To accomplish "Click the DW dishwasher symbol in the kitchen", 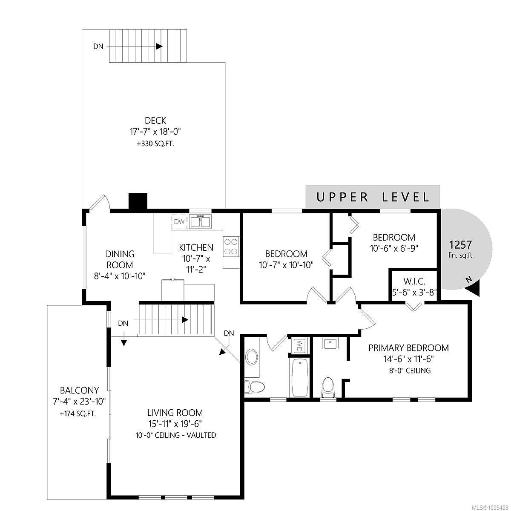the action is pyautogui.click(x=180, y=221).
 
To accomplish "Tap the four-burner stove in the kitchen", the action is pyautogui.click(x=231, y=247).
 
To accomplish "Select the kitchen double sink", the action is pyautogui.click(x=200, y=221).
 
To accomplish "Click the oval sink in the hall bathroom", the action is pyautogui.click(x=252, y=357).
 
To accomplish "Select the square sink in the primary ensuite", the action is pyautogui.click(x=330, y=344).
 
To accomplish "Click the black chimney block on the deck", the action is pyautogui.click(x=138, y=201).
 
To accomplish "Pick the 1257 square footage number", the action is pyautogui.click(x=461, y=244).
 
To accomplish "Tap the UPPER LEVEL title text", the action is pyautogui.click(x=373, y=197).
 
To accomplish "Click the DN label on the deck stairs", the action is pyautogui.click(x=98, y=46).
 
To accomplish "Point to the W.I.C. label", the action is pyautogui.click(x=414, y=281).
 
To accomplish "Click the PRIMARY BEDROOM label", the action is pyautogui.click(x=409, y=347).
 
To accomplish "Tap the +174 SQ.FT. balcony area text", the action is pyautogui.click(x=78, y=413).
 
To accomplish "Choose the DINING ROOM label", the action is pyautogui.click(x=120, y=259).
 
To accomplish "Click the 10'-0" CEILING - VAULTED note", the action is pyautogui.click(x=175, y=435).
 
